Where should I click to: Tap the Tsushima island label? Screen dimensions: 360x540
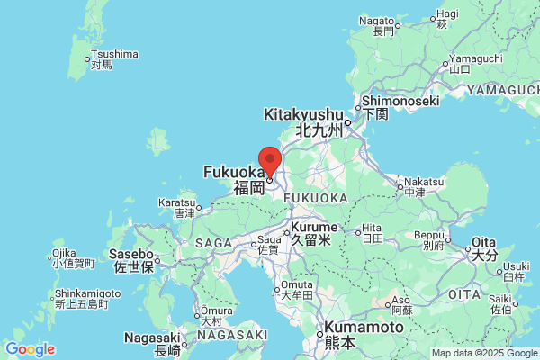(x=112, y=55)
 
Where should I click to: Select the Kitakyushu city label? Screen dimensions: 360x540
(x=304, y=115)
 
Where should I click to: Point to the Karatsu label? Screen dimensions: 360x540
(x=177, y=202)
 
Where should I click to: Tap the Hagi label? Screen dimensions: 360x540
(x=448, y=14)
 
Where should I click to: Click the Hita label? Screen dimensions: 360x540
(x=371, y=228)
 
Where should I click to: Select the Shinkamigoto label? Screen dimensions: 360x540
(x=87, y=294)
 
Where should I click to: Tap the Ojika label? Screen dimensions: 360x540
(x=63, y=253)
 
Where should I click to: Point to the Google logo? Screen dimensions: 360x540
(x=30, y=349)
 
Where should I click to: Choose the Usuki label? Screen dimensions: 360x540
(x=517, y=266)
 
